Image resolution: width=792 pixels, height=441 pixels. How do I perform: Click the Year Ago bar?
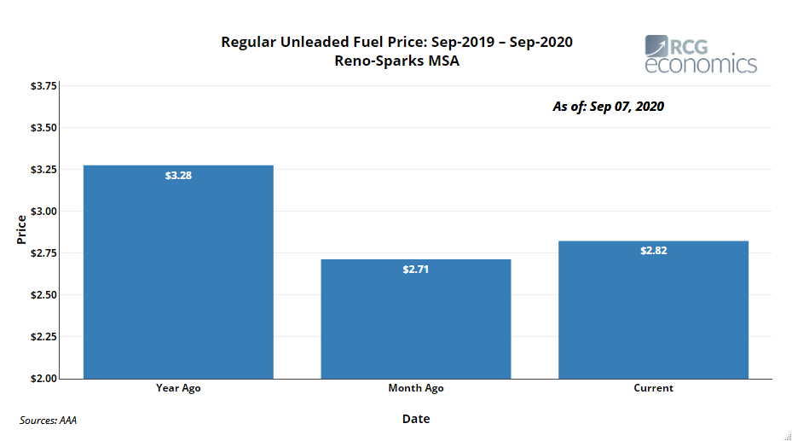tap(178, 272)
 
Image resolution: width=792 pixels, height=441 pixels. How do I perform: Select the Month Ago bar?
tap(416, 319)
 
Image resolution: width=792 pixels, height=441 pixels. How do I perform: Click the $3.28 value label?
tap(178, 176)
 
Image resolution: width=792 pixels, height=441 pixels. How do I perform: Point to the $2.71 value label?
tap(416, 270)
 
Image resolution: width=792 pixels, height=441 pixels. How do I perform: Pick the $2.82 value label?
tap(654, 251)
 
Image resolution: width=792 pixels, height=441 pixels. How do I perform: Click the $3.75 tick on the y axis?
tap(43, 86)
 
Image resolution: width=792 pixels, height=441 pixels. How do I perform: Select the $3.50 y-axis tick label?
tap(43, 128)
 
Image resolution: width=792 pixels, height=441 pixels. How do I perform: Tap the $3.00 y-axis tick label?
tap(43, 212)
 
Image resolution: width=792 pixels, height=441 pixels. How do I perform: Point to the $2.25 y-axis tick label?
tap(43, 337)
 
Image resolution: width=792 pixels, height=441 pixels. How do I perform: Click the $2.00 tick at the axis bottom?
tap(43, 379)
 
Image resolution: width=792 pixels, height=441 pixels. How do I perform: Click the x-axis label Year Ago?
tap(178, 388)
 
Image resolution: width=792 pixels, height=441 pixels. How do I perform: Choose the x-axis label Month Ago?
tap(416, 388)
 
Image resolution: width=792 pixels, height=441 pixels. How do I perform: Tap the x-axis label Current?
tap(653, 388)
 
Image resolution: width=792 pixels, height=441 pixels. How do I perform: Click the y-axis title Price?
tap(21, 229)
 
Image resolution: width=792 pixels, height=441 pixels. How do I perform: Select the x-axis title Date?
tap(416, 419)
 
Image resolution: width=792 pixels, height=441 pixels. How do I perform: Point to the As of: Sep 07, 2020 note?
tap(608, 107)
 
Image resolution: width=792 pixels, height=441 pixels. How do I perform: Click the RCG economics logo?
tap(700, 55)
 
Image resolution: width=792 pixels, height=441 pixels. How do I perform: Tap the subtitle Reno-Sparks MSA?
tap(396, 61)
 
